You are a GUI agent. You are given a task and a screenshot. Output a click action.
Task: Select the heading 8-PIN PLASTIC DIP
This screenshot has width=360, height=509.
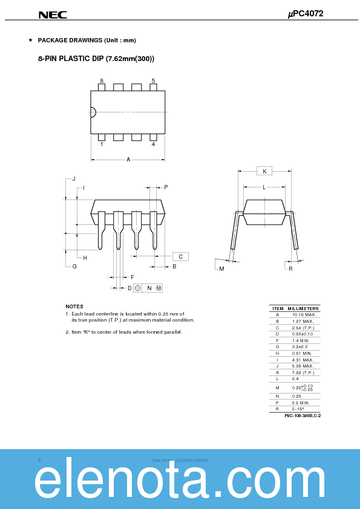tap(96, 59)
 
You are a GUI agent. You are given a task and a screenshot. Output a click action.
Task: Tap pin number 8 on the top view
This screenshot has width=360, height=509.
tap(102, 80)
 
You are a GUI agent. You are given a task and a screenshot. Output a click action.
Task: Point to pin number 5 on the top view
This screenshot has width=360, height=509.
tap(153, 80)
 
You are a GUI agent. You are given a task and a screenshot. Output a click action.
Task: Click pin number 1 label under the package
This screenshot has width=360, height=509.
tap(102, 144)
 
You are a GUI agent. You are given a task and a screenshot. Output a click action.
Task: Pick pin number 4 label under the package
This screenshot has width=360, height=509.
tap(153, 144)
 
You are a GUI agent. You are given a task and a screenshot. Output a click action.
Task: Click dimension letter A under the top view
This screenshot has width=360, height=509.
tap(128, 160)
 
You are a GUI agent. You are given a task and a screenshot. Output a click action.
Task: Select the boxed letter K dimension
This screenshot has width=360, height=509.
tap(264, 171)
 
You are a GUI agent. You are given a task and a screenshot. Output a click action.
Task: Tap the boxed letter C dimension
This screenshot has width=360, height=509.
tap(180, 256)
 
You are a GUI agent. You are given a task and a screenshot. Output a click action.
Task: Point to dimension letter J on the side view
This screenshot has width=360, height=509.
tap(74, 179)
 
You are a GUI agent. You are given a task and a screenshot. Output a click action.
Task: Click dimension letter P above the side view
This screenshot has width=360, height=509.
tap(166, 187)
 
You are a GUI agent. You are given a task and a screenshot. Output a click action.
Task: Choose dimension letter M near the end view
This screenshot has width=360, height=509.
tap(221, 268)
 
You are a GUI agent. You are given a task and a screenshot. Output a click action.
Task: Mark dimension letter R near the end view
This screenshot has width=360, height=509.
tap(290, 268)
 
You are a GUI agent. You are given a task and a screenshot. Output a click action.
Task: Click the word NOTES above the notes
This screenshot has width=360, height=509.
tap(74, 306)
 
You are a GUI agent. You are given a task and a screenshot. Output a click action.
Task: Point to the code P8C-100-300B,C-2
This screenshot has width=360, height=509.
tap(302, 416)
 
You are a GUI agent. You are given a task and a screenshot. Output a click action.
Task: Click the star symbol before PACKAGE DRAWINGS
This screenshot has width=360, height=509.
tap(30, 41)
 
